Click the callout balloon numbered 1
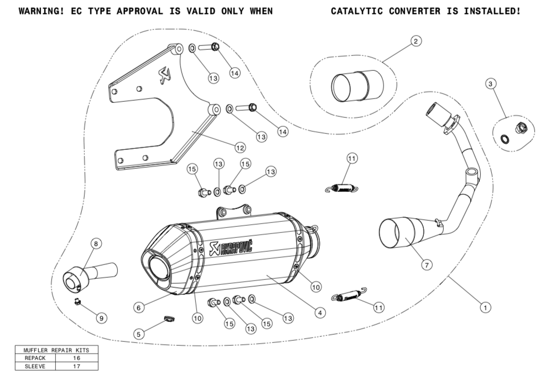[x=485, y=306]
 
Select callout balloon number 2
[x=416, y=40]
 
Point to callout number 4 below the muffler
[x=319, y=312]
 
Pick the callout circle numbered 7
[x=426, y=264]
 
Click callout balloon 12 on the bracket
[x=239, y=148]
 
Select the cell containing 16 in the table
[x=76, y=358]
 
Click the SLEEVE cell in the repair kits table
[x=34, y=366]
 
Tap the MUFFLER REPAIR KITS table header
[x=57, y=350]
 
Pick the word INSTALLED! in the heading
[x=492, y=11]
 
